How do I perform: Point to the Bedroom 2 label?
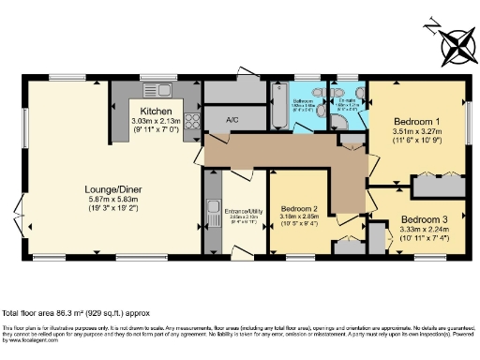pos(299,208)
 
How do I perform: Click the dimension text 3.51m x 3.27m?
pos(413,133)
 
